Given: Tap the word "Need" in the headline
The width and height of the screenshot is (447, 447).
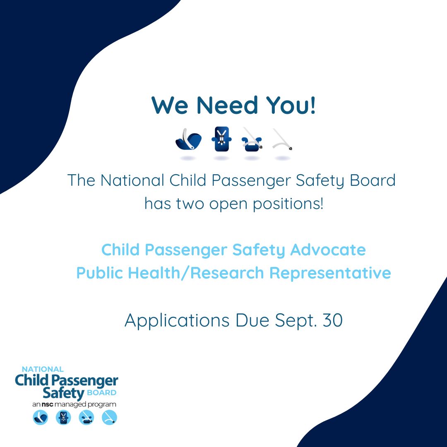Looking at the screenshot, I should point(228,105).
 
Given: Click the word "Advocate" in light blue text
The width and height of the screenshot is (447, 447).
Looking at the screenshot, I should point(328,250).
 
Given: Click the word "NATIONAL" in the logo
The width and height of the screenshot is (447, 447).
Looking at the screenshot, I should point(43,369).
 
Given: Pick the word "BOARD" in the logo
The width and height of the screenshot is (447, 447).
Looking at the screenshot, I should point(101,393).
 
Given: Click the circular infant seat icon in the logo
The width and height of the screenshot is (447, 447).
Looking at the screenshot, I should point(41,417).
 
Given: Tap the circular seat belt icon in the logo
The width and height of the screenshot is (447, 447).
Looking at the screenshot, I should point(110,417).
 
